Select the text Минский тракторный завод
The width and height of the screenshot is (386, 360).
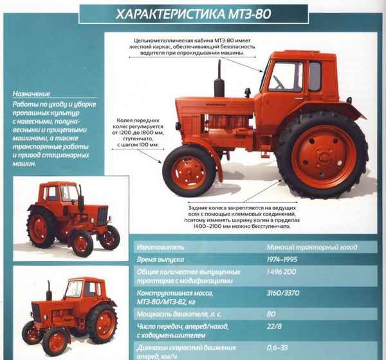point(311,247)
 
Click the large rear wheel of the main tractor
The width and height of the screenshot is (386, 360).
point(322,155)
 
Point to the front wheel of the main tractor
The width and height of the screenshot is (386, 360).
point(188,171)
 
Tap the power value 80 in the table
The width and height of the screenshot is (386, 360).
point(271,314)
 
